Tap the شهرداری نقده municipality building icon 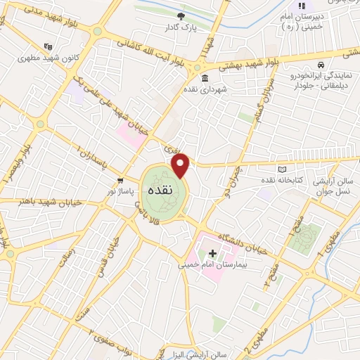205,78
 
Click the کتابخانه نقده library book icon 283,169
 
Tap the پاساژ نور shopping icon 120,180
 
